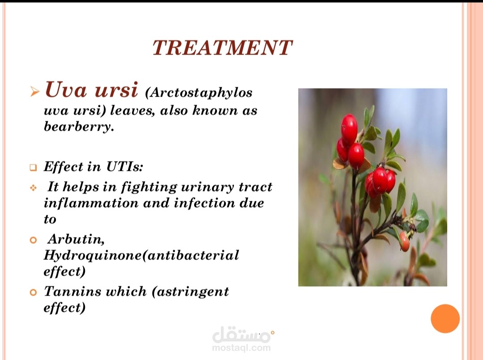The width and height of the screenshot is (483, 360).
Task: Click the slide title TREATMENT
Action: [x=222, y=48]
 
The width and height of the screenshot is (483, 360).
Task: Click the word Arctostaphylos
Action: [x=201, y=93]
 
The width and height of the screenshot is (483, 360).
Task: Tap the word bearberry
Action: [x=79, y=127]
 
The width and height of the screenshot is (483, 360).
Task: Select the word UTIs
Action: [x=125, y=167]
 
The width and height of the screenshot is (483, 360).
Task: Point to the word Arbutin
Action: [x=76, y=239]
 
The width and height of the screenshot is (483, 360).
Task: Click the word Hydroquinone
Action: [x=93, y=256]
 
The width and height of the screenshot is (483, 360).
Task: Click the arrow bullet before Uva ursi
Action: [x=35, y=92]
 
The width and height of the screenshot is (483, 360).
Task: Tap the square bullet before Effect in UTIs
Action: [x=33, y=168]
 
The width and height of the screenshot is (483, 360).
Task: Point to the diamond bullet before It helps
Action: [x=33, y=187]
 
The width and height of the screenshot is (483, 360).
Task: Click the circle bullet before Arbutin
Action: [x=33, y=240]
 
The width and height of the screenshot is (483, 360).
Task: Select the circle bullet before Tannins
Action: [x=33, y=292]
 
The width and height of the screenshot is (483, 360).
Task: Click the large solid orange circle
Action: [x=445, y=318]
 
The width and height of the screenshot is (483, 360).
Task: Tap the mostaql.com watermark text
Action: [x=241, y=348]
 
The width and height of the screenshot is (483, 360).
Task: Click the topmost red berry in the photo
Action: [x=349, y=129]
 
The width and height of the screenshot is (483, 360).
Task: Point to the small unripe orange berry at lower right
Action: [x=404, y=241]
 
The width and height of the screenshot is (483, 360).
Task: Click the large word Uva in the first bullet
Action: [x=66, y=89]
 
